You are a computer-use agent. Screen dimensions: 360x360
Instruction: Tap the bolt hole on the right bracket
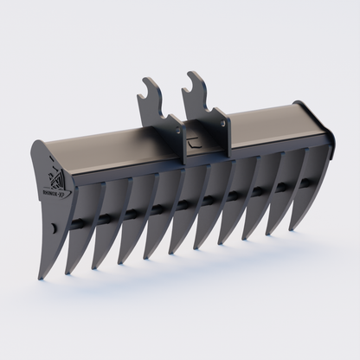pos(224,123)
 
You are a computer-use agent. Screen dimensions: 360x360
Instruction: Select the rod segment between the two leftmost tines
pos(79,222)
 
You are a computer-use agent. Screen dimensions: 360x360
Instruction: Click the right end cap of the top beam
pos(327,132)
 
